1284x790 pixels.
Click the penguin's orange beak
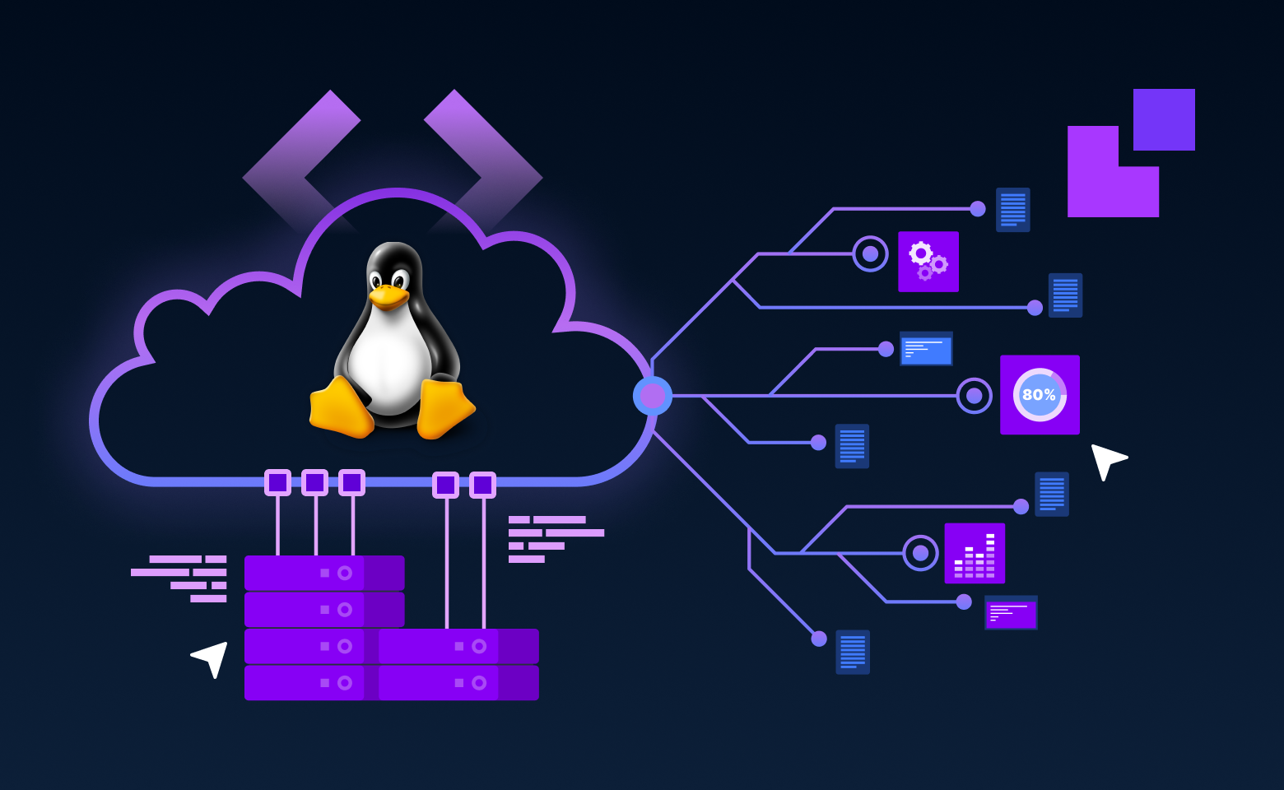[388, 295]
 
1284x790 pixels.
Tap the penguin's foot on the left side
[340, 408]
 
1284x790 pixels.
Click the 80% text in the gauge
[1039, 395]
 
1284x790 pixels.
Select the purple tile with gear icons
[928, 262]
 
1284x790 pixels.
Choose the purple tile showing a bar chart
[975, 553]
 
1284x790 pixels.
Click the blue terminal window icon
[926, 349]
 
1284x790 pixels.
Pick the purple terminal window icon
[1011, 613]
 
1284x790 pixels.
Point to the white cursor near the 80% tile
[1105, 460]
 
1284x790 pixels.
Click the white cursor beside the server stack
[212, 658]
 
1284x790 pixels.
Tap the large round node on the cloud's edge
[653, 396]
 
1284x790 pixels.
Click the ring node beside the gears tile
[870, 253]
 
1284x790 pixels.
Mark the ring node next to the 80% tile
[974, 396]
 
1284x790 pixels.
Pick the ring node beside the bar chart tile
[920, 553]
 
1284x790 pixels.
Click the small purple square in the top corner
[1164, 120]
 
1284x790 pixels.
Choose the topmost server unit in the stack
[324, 573]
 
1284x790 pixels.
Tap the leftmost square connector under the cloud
[277, 482]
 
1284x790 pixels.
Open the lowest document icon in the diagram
[853, 652]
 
